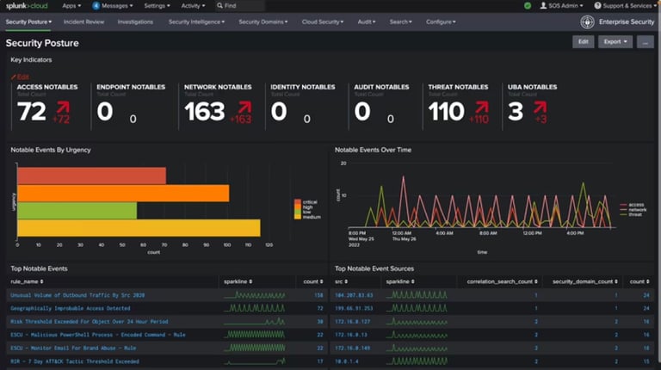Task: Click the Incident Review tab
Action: point(83,22)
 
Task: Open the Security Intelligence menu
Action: point(195,22)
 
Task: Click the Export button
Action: point(615,41)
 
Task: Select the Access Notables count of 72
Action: point(32,111)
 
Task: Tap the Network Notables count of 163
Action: point(204,111)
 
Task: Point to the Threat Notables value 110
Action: point(446,111)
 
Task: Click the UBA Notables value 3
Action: point(515,111)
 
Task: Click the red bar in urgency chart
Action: point(91,176)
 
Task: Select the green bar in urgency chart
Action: point(77,210)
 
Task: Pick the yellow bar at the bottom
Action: point(138,228)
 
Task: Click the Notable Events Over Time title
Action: point(373,150)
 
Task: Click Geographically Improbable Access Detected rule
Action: point(71,307)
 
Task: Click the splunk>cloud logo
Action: point(28,5)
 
